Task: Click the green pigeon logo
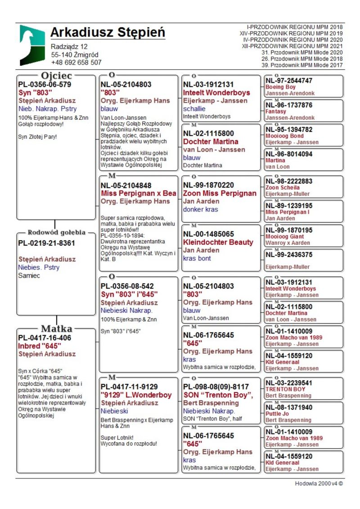32,45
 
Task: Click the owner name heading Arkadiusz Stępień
108,32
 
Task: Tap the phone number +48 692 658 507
76,63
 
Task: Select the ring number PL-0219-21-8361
46,243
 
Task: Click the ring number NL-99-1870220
208,185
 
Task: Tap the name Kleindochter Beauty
218,242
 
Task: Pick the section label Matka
57,329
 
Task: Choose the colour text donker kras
200,209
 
